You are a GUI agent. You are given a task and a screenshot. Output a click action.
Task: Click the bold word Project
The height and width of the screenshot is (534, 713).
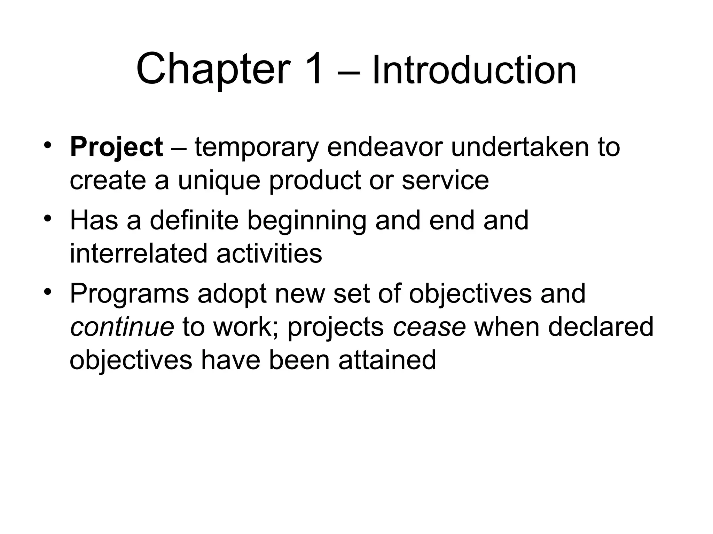tap(116, 147)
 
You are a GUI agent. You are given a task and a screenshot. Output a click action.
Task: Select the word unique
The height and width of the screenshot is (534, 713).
tap(219, 181)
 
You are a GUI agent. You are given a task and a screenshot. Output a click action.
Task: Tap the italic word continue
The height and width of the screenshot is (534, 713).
tap(122, 327)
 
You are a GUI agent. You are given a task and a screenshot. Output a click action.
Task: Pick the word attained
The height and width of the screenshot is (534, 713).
tap(387, 360)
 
